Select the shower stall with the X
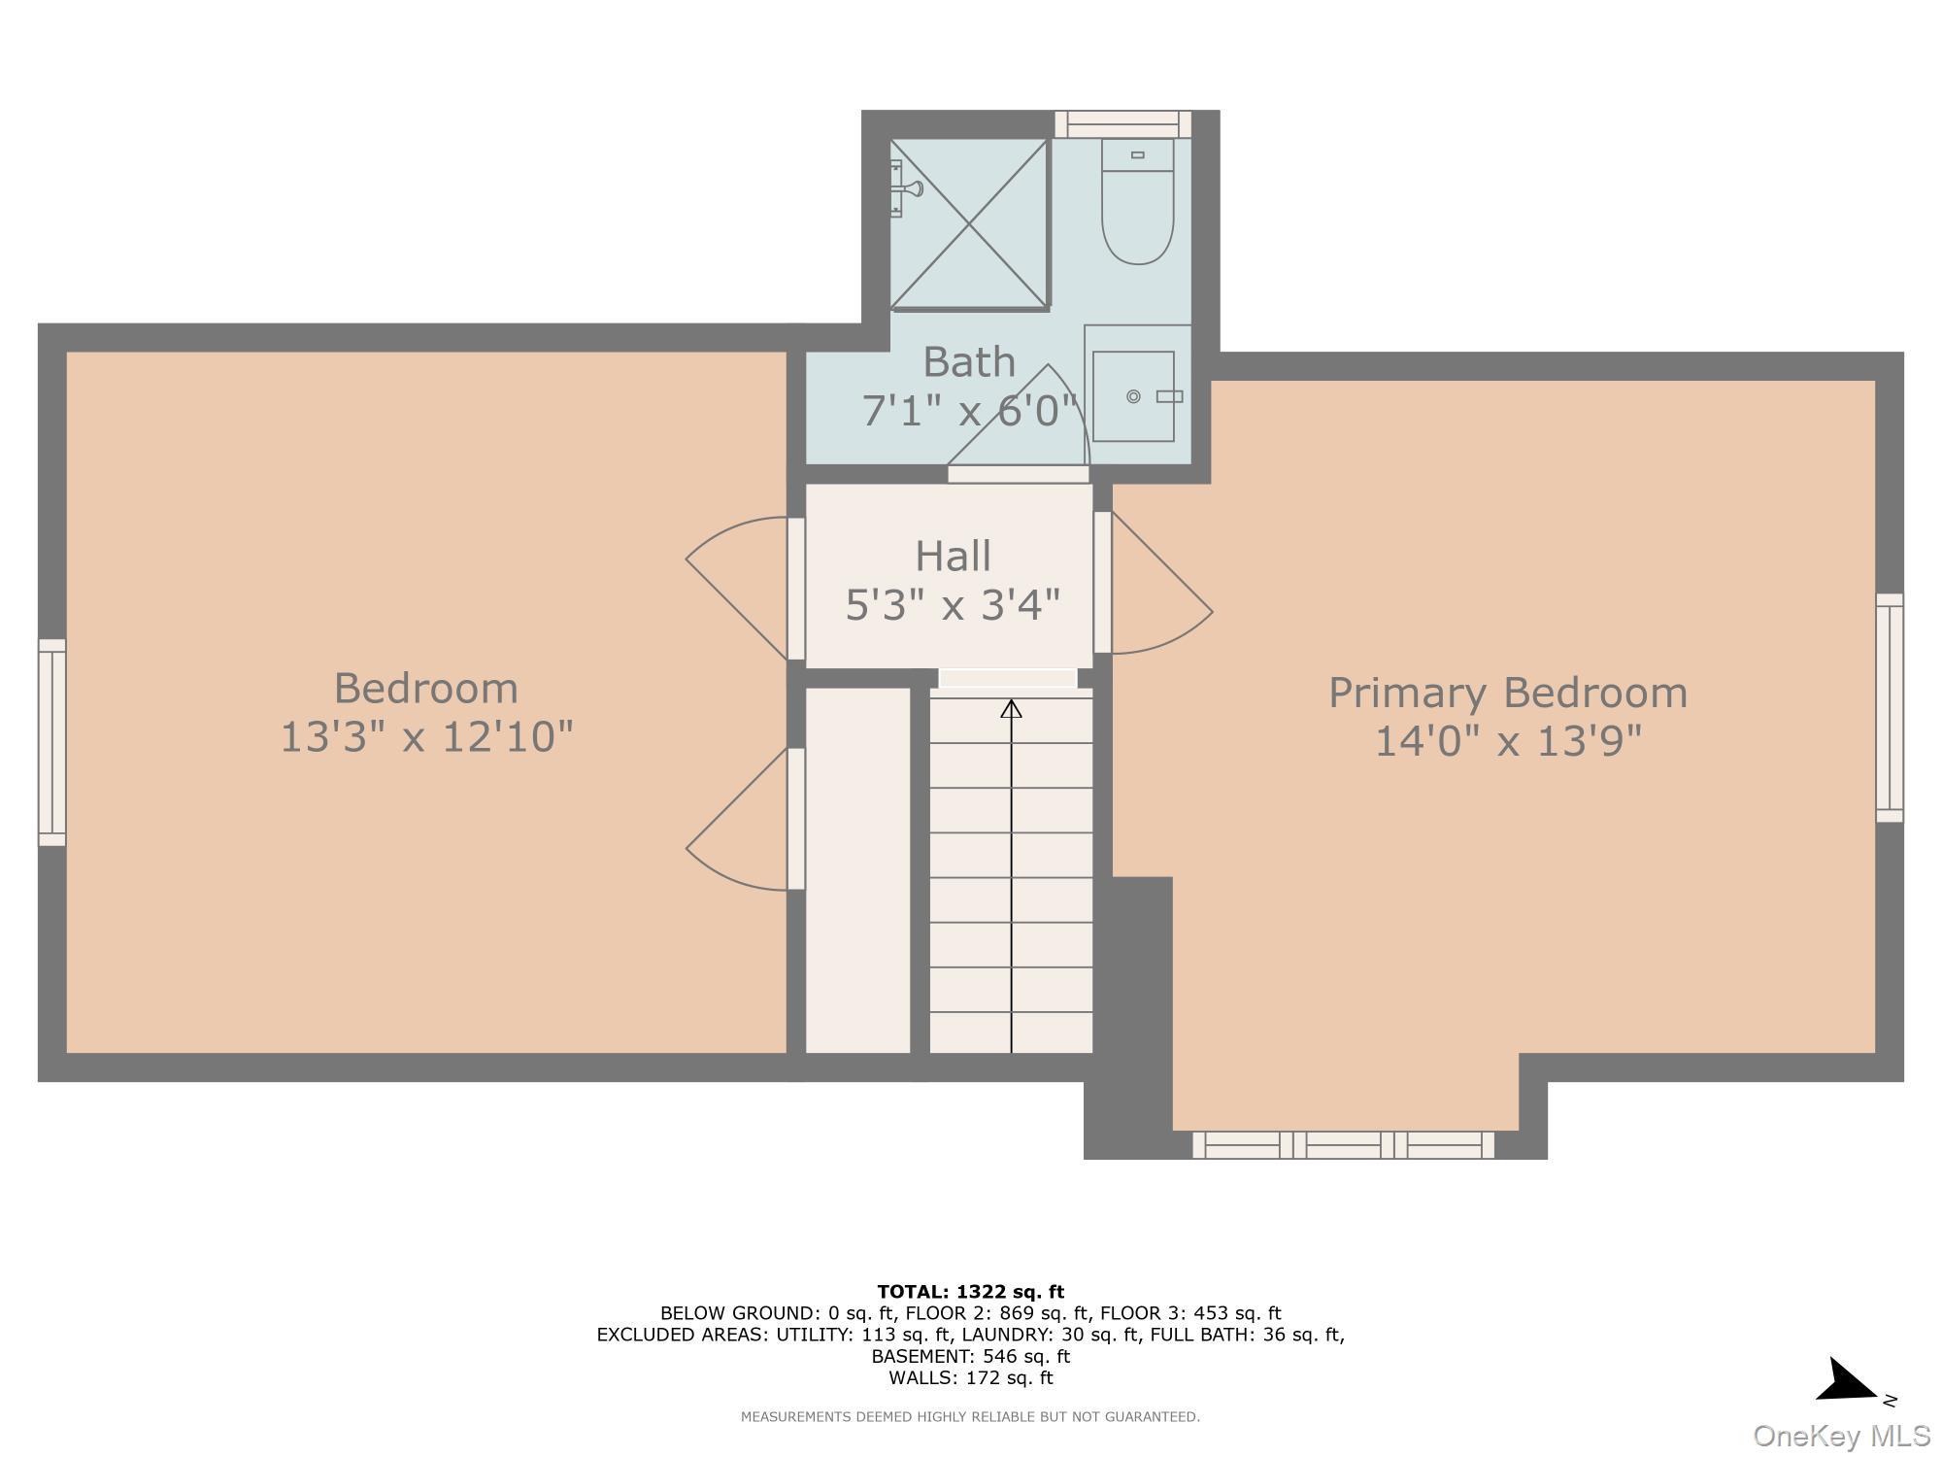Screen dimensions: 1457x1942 point(969,224)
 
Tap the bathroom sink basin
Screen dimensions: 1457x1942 point(1133,396)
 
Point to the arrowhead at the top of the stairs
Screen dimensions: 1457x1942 point(1012,709)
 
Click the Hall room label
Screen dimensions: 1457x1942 point(953,557)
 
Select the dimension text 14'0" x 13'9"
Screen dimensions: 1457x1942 point(1507,742)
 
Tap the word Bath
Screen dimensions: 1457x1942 point(968,362)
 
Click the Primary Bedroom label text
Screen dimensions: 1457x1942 point(1507,694)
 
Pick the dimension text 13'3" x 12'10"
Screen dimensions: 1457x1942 point(426,736)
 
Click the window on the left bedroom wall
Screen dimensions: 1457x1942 point(52,742)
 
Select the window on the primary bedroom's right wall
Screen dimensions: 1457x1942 point(1889,708)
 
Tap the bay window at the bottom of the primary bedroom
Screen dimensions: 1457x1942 point(1343,1145)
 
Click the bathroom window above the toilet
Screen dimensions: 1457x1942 point(1123,124)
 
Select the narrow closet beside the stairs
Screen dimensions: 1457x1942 point(857,869)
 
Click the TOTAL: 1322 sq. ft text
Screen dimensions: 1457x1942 point(970,1292)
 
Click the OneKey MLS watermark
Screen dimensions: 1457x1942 point(1841,1436)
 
